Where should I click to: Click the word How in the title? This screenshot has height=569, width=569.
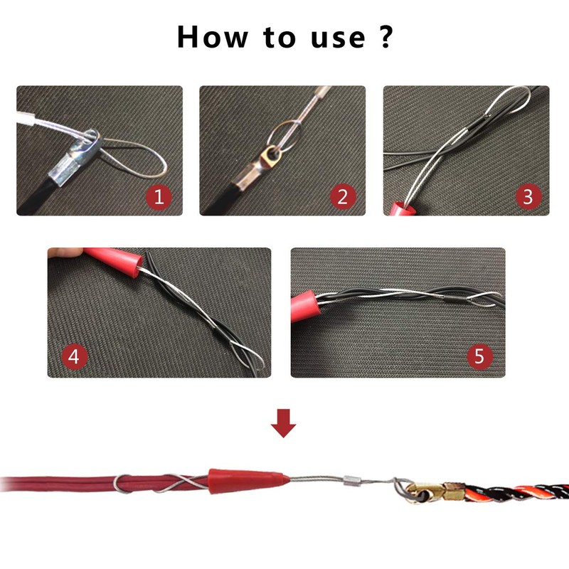[213, 36]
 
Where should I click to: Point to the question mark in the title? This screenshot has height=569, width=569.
[384, 36]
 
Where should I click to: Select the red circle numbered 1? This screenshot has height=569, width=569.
[159, 196]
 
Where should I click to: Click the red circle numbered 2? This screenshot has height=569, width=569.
[342, 196]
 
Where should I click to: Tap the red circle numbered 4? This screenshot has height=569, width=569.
[75, 356]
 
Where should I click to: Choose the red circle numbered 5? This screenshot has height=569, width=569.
[479, 356]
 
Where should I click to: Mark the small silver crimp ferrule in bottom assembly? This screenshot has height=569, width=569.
[351, 482]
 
